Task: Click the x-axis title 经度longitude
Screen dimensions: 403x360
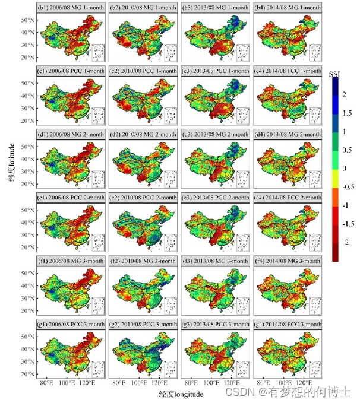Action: coord(181,393)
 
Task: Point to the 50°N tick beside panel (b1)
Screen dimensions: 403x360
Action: coord(27,20)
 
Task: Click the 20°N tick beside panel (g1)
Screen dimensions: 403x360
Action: coord(27,374)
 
